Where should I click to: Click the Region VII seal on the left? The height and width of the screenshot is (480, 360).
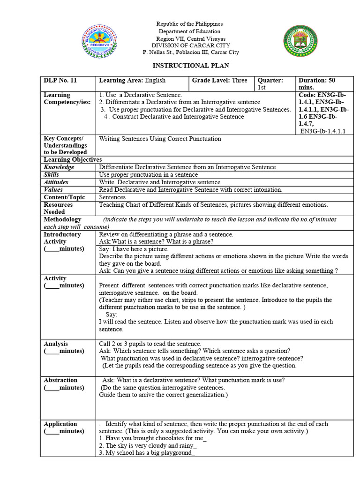(x=99, y=41)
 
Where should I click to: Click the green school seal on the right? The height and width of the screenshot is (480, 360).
(x=301, y=41)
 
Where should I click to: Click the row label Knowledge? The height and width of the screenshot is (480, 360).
(x=59, y=167)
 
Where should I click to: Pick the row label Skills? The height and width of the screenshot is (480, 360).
(x=52, y=175)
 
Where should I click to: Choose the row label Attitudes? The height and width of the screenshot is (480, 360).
(x=56, y=182)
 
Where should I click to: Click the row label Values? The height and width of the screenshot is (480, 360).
(x=53, y=190)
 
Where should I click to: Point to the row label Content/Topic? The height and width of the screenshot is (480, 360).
(x=64, y=197)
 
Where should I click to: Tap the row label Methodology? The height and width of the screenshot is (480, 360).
(x=62, y=219)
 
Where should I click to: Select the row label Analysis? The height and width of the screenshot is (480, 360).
(x=56, y=344)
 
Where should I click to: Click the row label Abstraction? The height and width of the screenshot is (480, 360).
(x=60, y=380)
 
